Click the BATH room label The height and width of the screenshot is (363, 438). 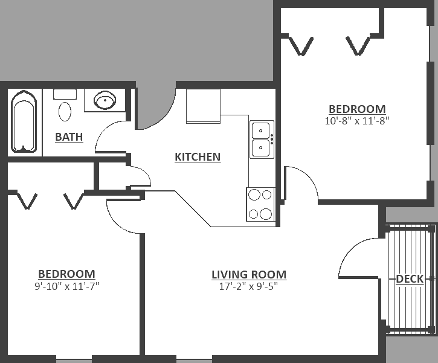(x=69, y=137)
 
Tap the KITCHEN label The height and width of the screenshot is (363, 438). (x=198, y=156)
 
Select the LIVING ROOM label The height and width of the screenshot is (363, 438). (x=249, y=274)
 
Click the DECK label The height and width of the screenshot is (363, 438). (x=410, y=278)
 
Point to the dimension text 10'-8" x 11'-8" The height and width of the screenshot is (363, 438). (x=357, y=121)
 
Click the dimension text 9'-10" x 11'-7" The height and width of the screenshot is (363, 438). (x=67, y=286)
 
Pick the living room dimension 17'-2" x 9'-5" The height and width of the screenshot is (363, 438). (x=249, y=286)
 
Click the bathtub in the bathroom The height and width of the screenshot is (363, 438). (x=24, y=121)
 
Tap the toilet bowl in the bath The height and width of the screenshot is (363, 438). (x=65, y=111)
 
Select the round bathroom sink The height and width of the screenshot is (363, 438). (x=105, y=100)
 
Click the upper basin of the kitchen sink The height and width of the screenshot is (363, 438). (x=260, y=130)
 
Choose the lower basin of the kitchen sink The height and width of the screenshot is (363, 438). (x=260, y=148)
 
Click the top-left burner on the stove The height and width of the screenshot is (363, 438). (x=254, y=194)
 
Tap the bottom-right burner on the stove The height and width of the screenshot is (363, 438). (x=266, y=214)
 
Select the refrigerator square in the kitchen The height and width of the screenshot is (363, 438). (x=204, y=106)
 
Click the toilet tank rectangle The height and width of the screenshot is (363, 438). (x=65, y=94)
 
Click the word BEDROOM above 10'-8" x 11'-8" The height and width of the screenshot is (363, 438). (x=357, y=109)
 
